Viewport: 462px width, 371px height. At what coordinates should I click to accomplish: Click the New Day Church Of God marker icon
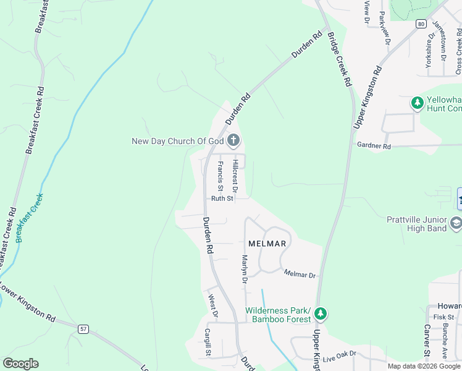233,141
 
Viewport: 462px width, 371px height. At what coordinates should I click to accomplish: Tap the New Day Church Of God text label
177,141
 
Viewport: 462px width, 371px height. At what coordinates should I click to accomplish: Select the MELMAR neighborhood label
267,244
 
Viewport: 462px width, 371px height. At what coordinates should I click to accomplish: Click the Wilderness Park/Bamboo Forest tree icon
321,314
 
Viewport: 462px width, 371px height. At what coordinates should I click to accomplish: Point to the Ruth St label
222,198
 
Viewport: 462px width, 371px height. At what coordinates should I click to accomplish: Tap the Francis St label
220,176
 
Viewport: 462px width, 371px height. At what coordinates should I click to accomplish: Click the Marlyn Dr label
245,270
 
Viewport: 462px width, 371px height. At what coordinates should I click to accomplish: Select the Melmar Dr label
300,274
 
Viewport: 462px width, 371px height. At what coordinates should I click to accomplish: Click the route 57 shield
83,328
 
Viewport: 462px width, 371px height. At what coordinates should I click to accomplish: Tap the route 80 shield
421,24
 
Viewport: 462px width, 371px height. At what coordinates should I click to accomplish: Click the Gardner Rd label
374,147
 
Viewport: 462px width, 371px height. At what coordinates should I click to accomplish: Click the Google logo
20,364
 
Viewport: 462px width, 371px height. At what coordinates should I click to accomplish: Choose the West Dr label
212,305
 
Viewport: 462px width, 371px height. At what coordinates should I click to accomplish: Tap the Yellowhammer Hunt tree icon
418,102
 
